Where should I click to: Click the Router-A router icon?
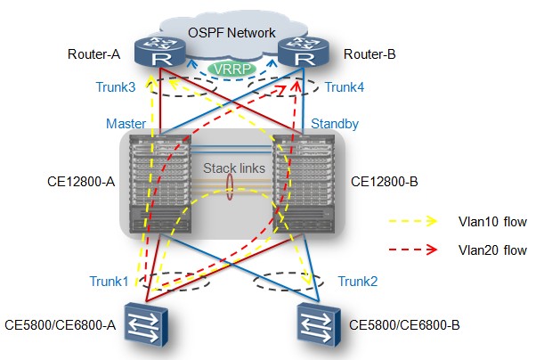(159, 52)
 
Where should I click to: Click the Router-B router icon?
(304, 52)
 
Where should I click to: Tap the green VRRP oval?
(232, 70)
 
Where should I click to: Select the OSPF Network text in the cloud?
(231, 33)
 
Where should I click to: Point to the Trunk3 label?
(116, 87)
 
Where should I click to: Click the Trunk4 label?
(345, 87)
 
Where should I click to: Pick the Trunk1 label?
(109, 282)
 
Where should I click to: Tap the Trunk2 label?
(358, 282)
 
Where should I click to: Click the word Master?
(126, 124)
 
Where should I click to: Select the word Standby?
(335, 124)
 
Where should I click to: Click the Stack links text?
(234, 168)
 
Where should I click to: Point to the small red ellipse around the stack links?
(230, 186)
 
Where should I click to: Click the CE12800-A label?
(81, 182)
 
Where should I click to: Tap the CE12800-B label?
(385, 182)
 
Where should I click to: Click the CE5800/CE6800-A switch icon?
(146, 324)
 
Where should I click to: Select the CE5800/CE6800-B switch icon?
(319, 324)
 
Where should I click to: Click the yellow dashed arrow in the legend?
(413, 221)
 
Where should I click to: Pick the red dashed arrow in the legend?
(413, 250)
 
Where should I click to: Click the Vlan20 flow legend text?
(492, 250)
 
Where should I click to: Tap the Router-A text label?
(94, 54)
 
